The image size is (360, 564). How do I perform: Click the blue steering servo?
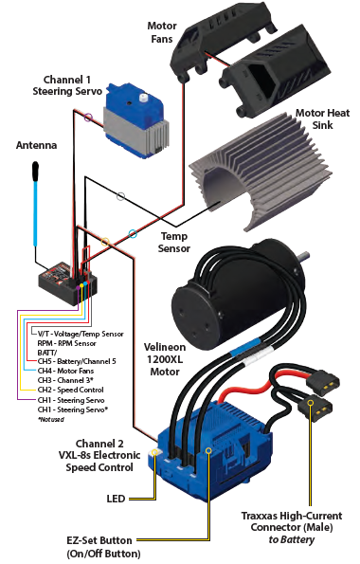point(136,121)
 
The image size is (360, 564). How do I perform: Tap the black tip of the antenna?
point(35,170)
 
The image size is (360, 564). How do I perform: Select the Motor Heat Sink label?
point(322,119)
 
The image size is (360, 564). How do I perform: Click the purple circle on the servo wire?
point(88,118)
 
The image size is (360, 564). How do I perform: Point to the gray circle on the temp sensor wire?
point(121,196)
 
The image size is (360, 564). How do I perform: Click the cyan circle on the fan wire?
point(133,234)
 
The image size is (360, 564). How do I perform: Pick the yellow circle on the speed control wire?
point(104,242)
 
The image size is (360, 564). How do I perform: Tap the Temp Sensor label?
point(174,242)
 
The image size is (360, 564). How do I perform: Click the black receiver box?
point(67,284)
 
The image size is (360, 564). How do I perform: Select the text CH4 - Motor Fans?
point(65,371)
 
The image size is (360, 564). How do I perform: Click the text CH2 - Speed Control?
point(70,390)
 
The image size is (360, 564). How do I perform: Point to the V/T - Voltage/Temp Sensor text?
point(81,335)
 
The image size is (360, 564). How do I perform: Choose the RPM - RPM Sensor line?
point(67,343)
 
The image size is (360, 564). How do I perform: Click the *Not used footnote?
point(51,419)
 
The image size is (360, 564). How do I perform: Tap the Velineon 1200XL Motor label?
point(165,359)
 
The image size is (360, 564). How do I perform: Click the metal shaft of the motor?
point(302,255)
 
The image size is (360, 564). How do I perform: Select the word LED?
point(116,499)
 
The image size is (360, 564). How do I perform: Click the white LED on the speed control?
point(155,452)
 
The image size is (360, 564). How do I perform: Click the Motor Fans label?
point(162,32)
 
